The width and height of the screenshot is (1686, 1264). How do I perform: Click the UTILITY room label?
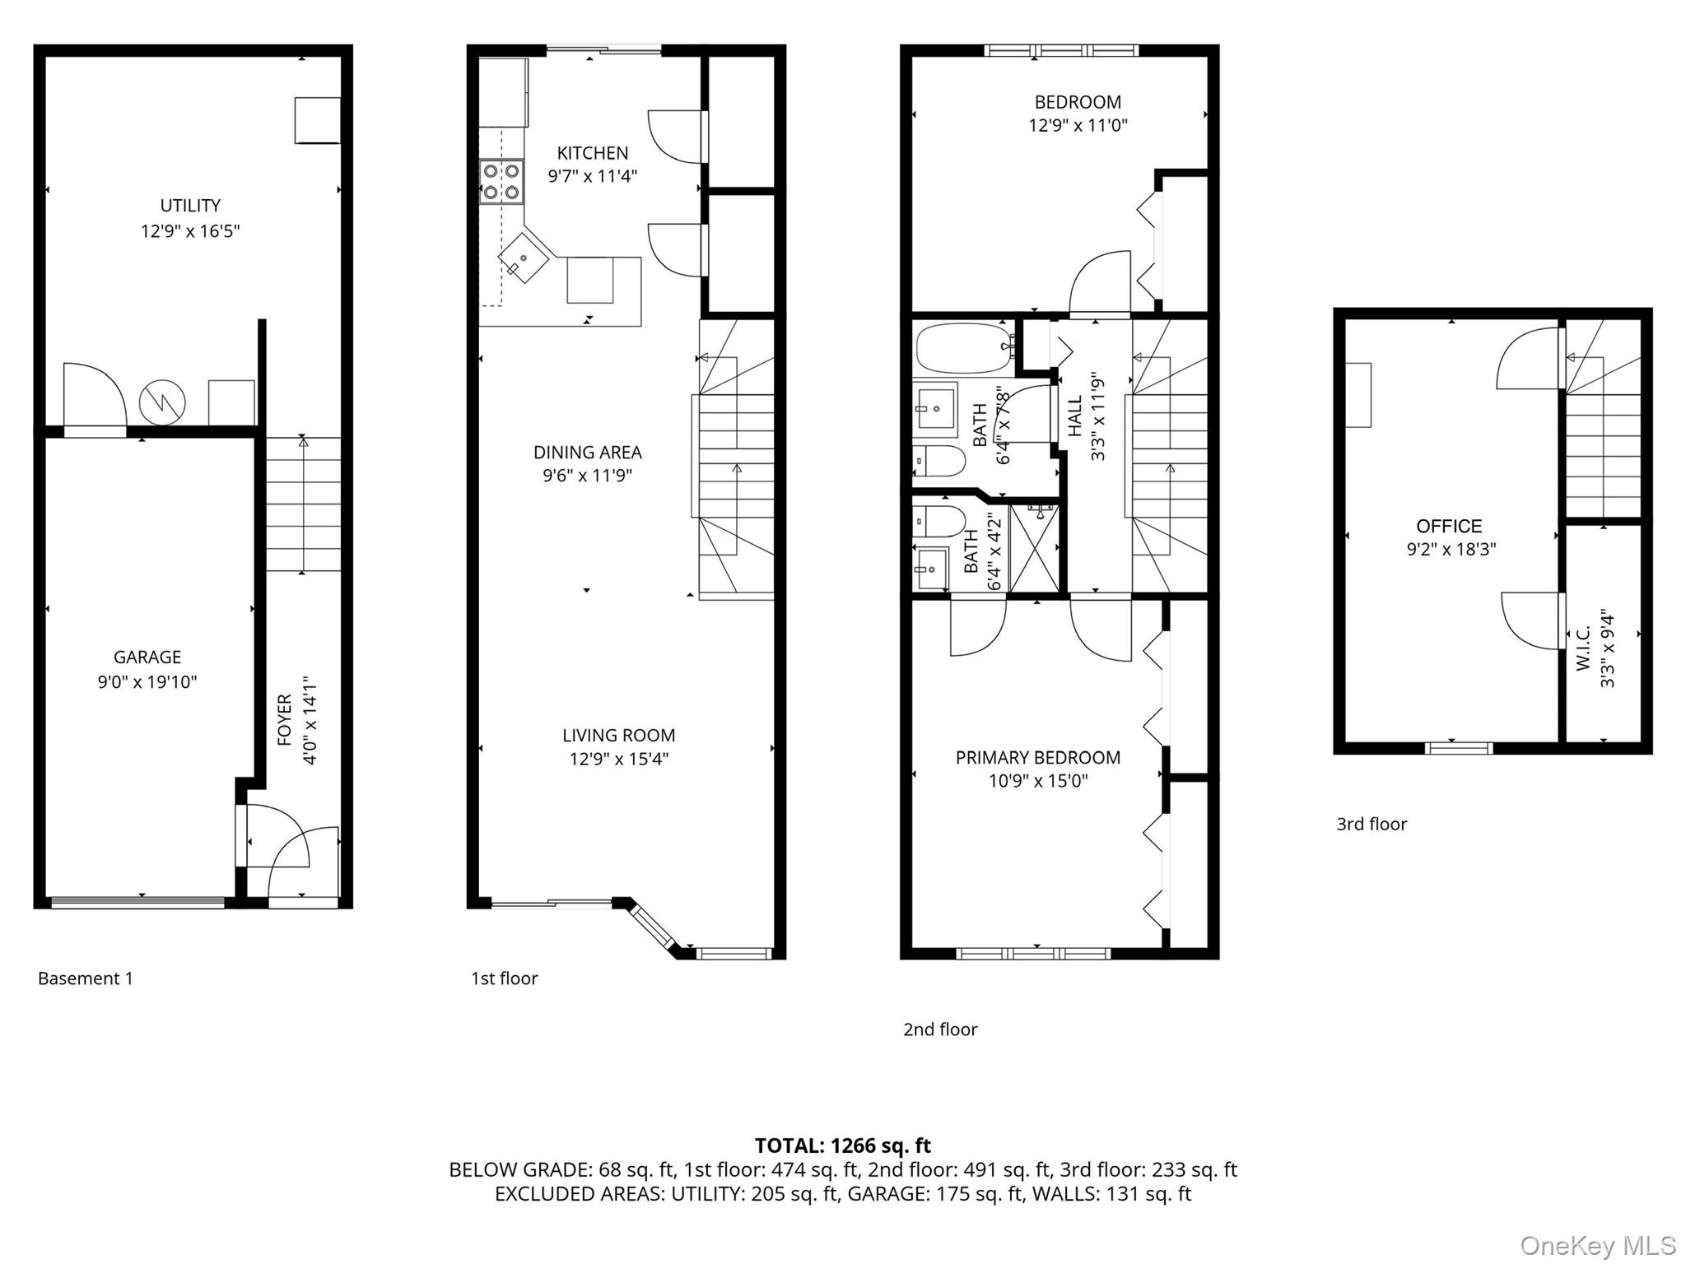point(189,206)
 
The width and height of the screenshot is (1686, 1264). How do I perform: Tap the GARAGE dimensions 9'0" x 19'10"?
point(147,682)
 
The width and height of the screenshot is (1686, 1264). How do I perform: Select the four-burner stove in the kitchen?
point(501,182)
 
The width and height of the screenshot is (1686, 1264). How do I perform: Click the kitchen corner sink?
point(524,258)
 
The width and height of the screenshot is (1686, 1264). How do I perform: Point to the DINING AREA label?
point(587,453)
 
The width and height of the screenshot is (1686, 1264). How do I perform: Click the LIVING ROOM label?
point(618,736)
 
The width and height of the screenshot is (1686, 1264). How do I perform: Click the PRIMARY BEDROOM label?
point(1037,758)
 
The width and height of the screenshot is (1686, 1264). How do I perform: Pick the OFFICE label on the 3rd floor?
point(1449,527)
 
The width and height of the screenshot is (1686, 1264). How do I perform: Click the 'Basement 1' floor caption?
point(85,978)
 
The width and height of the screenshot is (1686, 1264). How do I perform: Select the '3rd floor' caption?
point(1372,824)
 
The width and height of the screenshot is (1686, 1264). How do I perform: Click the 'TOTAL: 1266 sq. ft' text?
point(842,1145)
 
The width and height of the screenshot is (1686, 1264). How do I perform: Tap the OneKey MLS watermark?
point(1597,1246)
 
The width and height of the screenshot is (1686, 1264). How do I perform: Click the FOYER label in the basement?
point(285,720)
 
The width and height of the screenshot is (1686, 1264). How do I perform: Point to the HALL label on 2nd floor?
point(1075,416)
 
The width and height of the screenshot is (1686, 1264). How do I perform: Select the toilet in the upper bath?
point(939,462)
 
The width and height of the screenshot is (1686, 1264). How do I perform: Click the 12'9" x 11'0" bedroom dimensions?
point(1078,126)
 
